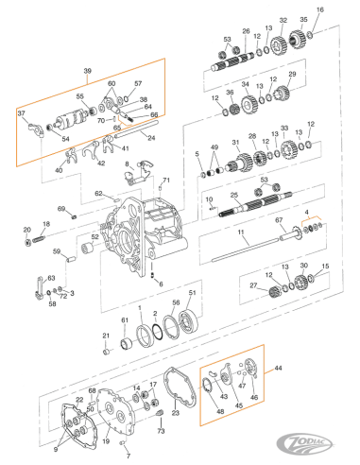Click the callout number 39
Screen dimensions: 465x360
click(88, 72)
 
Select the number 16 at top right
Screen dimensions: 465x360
click(318, 9)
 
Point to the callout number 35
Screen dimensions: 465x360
click(302, 19)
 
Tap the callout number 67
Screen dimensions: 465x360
click(280, 218)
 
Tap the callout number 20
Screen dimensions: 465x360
click(26, 230)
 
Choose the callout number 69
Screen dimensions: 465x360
click(61, 209)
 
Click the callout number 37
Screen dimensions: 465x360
click(21, 114)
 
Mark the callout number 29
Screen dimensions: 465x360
click(292, 75)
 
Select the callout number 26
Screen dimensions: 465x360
click(246, 31)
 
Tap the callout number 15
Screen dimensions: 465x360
click(325, 267)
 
